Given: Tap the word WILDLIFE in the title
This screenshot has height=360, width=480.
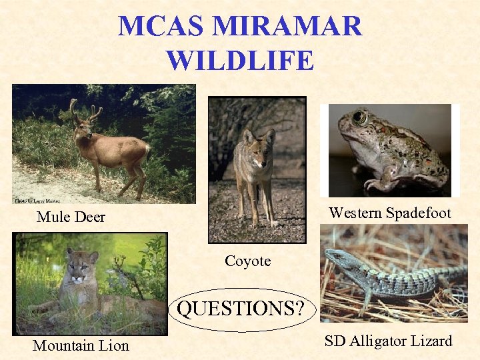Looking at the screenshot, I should pyautogui.click(x=240, y=60).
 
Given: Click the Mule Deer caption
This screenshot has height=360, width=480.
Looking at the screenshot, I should pyautogui.click(x=71, y=217).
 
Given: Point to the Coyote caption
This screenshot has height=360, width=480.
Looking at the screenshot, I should pyautogui.click(x=247, y=261).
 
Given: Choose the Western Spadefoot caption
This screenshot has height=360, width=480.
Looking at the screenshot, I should pyautogui.click(x=389, y=213).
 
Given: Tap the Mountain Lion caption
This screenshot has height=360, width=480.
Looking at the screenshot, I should pyautogui.click(x=81, y=345).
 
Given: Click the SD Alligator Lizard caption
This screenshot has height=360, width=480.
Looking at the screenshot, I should pyautogui.click(x=388, y=341).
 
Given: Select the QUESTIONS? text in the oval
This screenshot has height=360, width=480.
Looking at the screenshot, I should pyautogui.click(x=240, y=309).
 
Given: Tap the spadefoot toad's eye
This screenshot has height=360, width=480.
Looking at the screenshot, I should pyautogui.click(x=359, y=119).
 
